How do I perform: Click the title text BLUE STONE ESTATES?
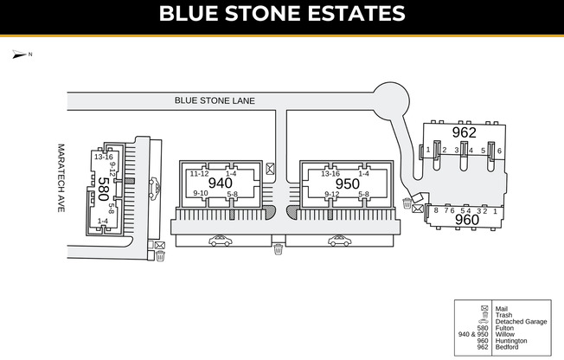(x=282, y=15)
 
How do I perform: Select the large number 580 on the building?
(x=103, y=190)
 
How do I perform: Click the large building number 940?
(x=221, y=183)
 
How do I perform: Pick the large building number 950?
(x=347, y=183)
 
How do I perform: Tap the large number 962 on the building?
(x=464, y=133)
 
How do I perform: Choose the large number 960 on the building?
(x=467, y=221)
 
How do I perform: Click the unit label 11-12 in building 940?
(x=199, y=174)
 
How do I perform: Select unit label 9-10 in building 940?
(x=201, y=193)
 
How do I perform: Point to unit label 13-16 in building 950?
(x=330, y=174)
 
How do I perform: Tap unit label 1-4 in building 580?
(x=103, y=222)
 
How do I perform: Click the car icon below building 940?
(x=221, y=241)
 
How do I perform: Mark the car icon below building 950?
(x=340, y=241)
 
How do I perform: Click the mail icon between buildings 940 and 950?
(x=271, y=169)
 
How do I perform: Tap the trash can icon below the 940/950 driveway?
(x=278, y=250)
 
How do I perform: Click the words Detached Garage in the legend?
(x=521, y=321)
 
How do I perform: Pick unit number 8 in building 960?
(x=436, y=210)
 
